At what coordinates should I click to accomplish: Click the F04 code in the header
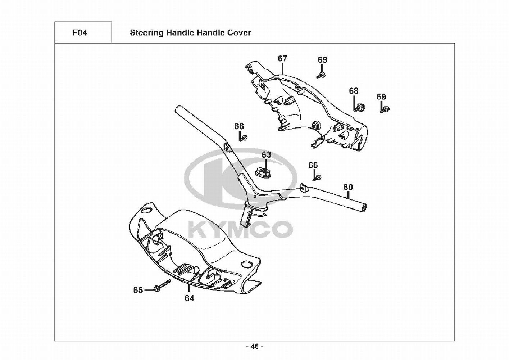[79, 33]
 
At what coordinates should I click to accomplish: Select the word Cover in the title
[239, 33]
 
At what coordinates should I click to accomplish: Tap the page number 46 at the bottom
[254, 347]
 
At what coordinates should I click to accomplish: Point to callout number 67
[282, 58]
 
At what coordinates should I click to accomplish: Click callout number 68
[354, 91]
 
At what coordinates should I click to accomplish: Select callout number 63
[266, 155]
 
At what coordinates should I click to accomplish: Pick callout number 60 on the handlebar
[348, 187]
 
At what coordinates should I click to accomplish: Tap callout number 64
[189, 298]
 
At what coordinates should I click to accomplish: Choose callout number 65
[138, 290]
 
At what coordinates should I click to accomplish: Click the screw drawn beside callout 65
[162, 285]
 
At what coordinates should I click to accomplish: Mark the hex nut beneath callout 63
[264, 172]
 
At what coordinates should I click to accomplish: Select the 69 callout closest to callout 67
[322, 60]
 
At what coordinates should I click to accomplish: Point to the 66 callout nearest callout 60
[313, 165]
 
